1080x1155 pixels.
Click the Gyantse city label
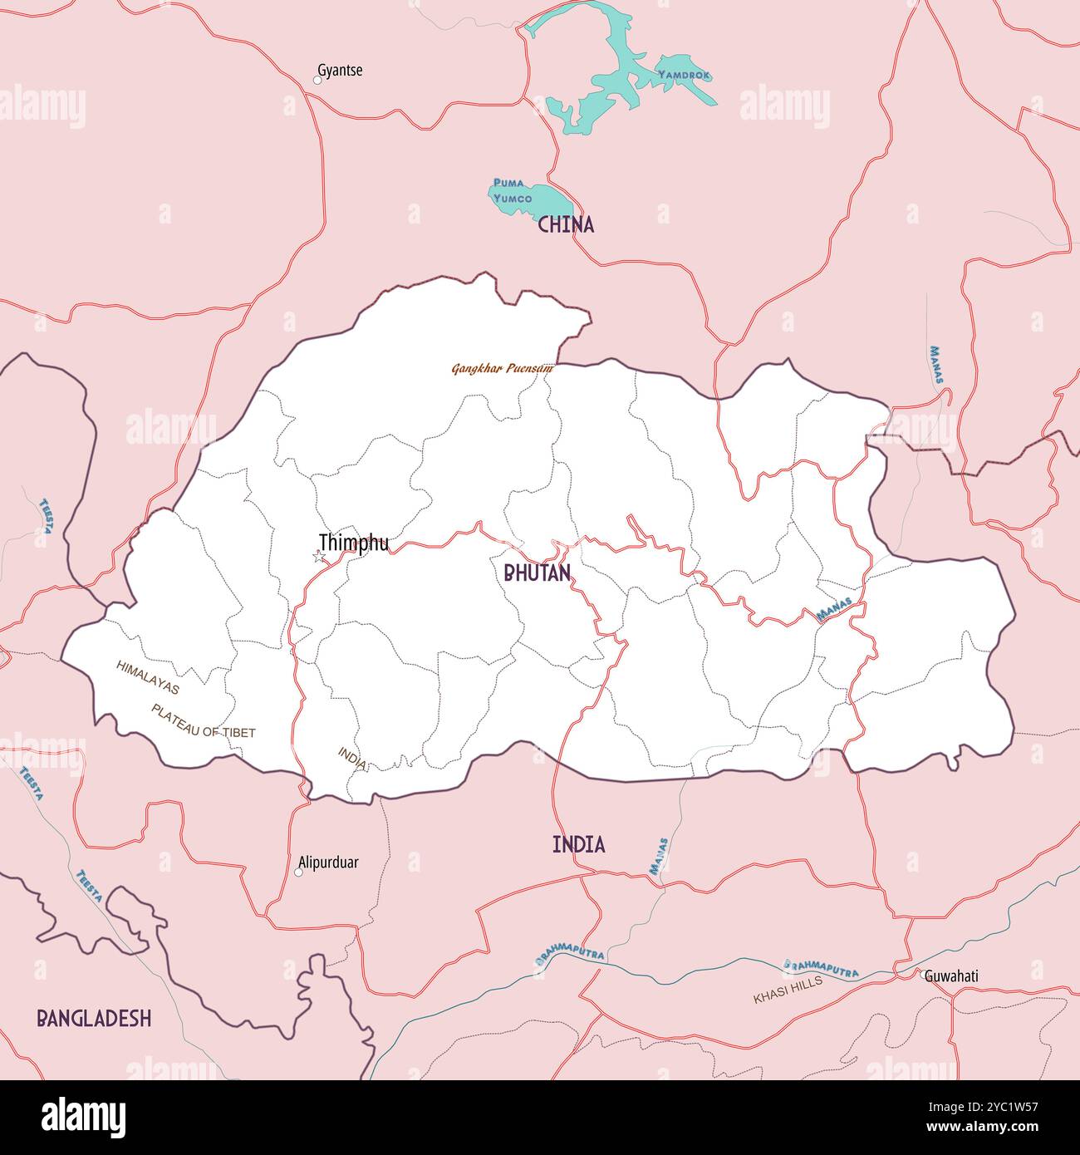340,71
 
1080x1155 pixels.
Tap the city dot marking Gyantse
317,81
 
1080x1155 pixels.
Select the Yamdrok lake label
684,75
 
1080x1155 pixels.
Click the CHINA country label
566,224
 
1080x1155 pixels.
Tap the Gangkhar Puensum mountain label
502,367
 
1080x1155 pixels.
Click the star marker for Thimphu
318,557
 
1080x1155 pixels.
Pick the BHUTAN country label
537,573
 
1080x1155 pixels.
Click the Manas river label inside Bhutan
834,611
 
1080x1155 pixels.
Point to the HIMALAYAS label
148,677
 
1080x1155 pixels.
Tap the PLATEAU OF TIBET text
203,721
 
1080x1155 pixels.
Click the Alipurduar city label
328,863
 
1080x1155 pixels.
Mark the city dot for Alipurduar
299,872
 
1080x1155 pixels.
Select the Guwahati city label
951,976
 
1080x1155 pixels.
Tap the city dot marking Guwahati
921,974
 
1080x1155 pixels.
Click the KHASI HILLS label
788,990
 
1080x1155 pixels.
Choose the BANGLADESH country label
94,1018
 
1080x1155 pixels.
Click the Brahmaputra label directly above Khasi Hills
821,968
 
